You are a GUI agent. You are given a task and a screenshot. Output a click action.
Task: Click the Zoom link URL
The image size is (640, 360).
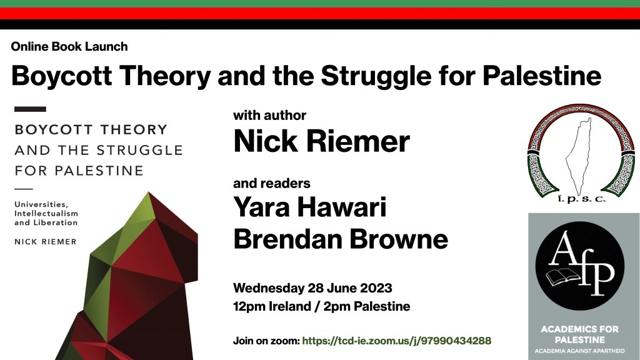tap(397, 341)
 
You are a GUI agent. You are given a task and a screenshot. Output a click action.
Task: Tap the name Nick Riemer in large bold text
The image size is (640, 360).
tap(321, 141)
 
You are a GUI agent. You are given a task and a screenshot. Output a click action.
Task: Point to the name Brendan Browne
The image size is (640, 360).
tap(341, 239)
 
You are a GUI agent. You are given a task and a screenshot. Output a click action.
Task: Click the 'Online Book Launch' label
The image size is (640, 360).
tap(69, 47)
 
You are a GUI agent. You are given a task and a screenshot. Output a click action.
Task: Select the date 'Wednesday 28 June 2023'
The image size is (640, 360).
tap(312, 288)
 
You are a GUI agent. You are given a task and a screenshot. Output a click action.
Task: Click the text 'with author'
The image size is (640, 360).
tap(269, 116)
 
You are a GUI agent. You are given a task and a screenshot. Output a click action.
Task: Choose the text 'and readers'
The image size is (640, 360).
tap(271, 184)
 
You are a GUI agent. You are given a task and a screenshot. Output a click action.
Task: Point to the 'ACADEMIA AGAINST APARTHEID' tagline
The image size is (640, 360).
tap(580, 350)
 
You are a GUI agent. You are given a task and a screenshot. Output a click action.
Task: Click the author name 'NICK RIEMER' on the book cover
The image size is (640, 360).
tap(45, 241)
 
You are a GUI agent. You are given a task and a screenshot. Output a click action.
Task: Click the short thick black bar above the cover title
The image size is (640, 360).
tap(29, 109)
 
